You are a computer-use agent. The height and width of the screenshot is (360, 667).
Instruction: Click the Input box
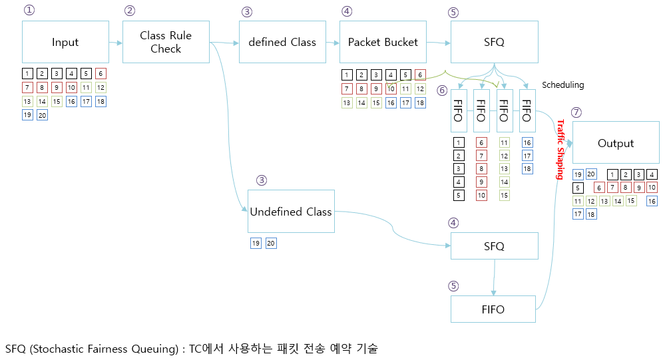pyautogui.click(x=65, y=42)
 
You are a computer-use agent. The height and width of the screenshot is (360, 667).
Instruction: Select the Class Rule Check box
pyautogui.click(x=166, y=42)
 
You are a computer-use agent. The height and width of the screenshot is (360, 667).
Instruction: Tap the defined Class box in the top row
pyautogui.click(x=282, y=42)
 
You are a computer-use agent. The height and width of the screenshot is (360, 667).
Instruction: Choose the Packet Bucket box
pyautogui.click(x=383, y=42)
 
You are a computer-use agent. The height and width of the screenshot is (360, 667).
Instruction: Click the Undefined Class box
pyautogui.click(x=291, y=212)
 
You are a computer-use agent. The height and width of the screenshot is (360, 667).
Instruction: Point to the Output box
pyautogui.click(x=616, y=143)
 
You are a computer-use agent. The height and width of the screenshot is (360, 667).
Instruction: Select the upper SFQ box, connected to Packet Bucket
pyautogui.click(x=495, y=42)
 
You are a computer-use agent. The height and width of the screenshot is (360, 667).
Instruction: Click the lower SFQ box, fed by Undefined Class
pyautogui.click(x=494, y=246)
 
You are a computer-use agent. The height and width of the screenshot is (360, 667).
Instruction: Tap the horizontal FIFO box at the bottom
pyautogui.click(x=493, y=309)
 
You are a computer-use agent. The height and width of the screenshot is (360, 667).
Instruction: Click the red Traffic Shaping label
pyautogui.click(x=560, y=150)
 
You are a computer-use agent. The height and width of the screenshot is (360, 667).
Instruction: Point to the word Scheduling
pyautogui.click(x=562, y=85)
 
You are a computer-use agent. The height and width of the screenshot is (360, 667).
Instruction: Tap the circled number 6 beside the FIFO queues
pyautogui.click(x=441, y=90)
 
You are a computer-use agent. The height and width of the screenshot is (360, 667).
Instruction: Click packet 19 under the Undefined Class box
pyautogui.click(x=256, y=244)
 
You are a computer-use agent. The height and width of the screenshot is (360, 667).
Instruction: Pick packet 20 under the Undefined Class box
pyautogui.click(x=271, y=244)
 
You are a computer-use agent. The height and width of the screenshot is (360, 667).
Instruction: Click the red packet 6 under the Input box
pyautogui.click(x=101, y=73)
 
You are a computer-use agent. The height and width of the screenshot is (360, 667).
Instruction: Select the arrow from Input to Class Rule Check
pyautogui.click(x=116, y=43)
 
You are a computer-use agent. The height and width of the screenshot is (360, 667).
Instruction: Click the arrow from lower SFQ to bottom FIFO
pyautogui.click(x=494, y=277)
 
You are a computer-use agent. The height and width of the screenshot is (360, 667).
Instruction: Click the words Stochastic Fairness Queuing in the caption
pyautogui.click(x=102, y=349)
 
